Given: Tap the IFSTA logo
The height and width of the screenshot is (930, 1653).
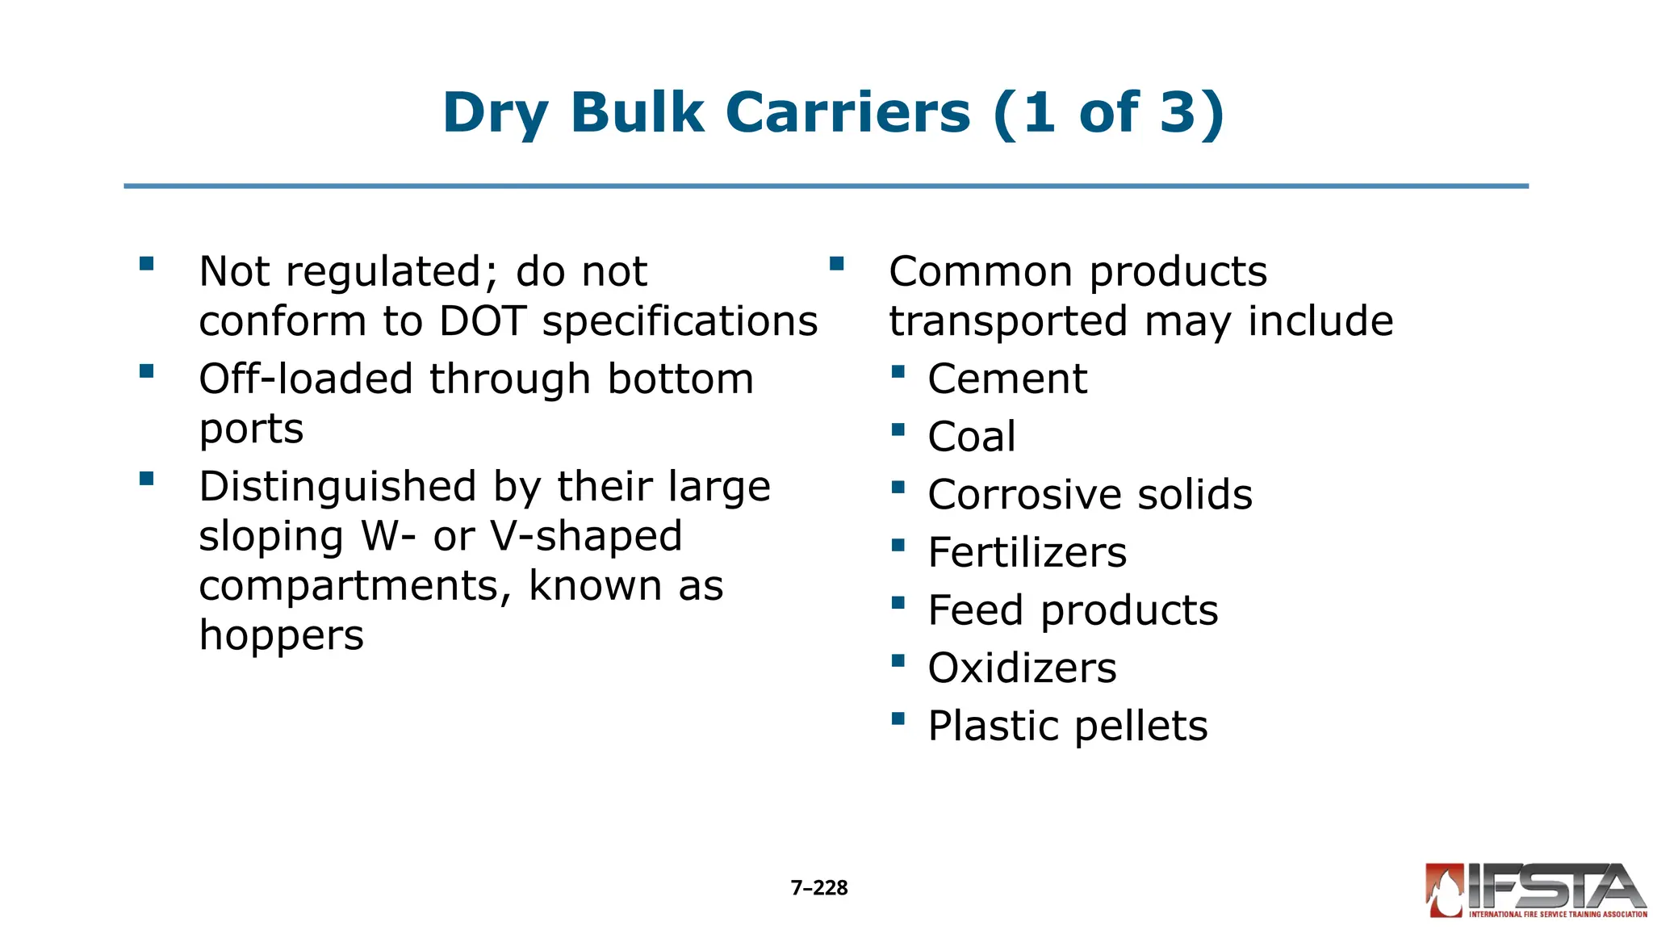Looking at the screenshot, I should (1536, 890).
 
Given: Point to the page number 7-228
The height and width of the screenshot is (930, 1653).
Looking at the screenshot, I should (819, 888).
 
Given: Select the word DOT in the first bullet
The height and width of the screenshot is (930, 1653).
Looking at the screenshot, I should (483, 321).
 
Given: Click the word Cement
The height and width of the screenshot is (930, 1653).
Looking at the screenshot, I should (1007, 379).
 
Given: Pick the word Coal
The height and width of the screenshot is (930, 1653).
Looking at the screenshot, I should (972, 437).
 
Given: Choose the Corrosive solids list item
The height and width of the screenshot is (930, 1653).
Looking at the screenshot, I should (1090, 494).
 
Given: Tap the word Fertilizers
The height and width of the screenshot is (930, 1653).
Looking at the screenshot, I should (1027, 552).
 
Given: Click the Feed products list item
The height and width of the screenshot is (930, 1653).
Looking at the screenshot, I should (1073, 610).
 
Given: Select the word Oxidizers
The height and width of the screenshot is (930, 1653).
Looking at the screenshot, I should (1022, 668).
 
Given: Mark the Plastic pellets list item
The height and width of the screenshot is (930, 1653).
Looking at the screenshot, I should (1067, 726).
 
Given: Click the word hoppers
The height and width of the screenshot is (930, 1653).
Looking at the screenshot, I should (282, 635).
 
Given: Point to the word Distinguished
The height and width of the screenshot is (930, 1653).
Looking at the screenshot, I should (337, 487).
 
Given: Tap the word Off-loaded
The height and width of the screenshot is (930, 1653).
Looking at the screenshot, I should (305, 379).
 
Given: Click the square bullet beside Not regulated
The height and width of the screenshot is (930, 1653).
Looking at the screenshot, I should (146, 264).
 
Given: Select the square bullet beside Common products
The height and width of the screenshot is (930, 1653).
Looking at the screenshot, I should (836, 264).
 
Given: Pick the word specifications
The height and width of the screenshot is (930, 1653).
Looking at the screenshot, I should (680, 321).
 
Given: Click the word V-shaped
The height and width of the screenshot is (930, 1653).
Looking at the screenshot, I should (587, 536).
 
